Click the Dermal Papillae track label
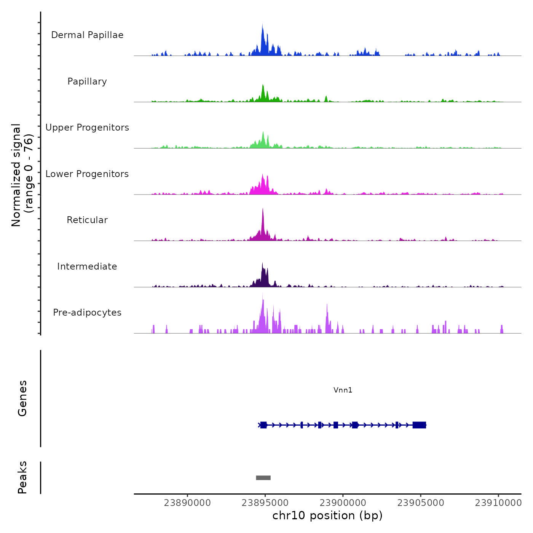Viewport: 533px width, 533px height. click(x=87, y=35)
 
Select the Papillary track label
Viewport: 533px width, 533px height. click(x=87, y=81)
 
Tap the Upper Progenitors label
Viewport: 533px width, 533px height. click(x=87, y=128)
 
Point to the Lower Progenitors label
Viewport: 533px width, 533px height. click(x=87, y=174)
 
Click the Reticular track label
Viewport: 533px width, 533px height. click(x=87, y=220)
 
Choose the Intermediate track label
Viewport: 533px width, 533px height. click(x=87, y=266)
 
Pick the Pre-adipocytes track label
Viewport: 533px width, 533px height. click(x=87, y=313)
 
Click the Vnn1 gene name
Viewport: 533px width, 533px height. click(x=343, y=390)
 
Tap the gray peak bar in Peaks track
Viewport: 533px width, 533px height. click(x=263, y=478)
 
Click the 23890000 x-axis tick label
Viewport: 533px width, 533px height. click(x=187, y=503)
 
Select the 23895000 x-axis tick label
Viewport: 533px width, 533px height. click(x=265, y=503)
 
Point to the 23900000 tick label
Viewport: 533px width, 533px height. click(x=343, y=503)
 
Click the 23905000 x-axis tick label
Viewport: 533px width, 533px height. click(x=421, y=503)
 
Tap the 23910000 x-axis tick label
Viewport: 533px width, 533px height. click(x=498, y=503)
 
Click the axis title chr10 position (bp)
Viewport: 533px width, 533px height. click(x=327, y=515)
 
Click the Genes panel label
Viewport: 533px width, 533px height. click(x=22, y=398)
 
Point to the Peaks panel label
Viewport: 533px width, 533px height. click(x=22, y=477)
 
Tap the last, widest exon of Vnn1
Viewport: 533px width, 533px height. click(x=419, y=425)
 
